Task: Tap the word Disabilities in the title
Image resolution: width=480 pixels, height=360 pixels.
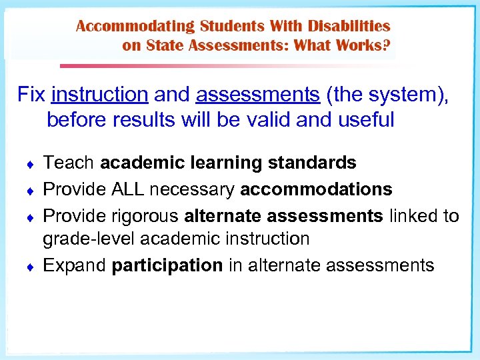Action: [348, 27]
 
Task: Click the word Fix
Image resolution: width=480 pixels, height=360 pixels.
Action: [31, 95]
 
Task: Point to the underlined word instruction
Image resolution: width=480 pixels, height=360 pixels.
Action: [99, 95]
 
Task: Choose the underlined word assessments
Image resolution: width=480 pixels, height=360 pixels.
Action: [258, 95]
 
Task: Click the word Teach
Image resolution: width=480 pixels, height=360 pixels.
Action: [69, 163]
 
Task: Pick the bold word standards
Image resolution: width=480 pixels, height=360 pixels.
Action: [316, 163]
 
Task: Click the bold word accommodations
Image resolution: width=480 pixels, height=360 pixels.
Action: [316, 189]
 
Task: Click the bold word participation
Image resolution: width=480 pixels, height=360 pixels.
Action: [167, 265]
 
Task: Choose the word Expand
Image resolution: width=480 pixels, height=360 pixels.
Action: [75, 265]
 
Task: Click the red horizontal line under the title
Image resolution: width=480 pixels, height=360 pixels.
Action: [200, 66]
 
